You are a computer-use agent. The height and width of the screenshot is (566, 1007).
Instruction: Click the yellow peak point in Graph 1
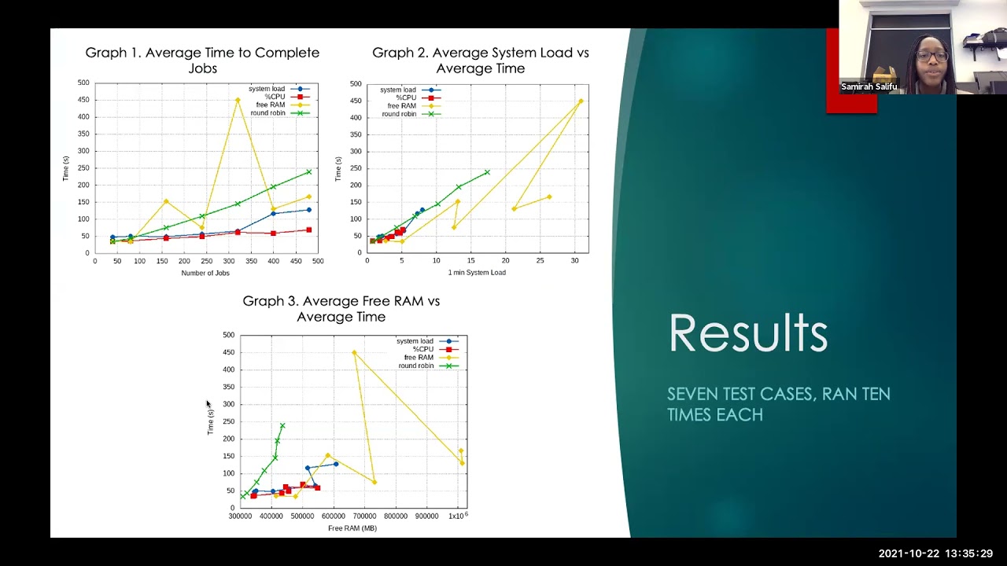[x=238, y=100]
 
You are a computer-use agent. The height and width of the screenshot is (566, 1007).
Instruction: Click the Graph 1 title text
[x=202, y=61]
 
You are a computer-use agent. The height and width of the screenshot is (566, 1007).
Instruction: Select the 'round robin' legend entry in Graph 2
[x=400, y=114]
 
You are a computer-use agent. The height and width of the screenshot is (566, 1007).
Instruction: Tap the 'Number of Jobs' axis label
[x=205, y=273]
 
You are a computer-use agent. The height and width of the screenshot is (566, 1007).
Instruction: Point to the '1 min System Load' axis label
[x=477, y=273]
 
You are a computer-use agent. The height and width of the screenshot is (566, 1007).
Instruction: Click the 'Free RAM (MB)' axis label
[x=352, y=528]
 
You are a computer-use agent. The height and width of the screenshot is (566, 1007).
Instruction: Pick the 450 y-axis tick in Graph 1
[x=83, y=100]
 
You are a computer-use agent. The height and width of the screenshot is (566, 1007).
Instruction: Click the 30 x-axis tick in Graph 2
[x=574, y=260]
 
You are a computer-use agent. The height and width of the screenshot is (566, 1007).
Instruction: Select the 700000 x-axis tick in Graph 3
[x=363, y=516]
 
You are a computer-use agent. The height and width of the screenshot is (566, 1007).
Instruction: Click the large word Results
[x=747, y=333]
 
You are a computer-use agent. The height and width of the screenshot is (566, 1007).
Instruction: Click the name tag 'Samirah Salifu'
[x=869, y=86]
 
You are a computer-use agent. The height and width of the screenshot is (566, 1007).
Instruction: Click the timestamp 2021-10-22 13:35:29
[x=935, y=553]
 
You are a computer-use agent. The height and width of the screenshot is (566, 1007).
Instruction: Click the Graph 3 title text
[x=341, y=309]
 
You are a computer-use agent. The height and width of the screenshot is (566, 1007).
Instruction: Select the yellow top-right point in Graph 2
[x=581, y=101]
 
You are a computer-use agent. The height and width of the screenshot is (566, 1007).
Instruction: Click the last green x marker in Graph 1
[x=308, y=171]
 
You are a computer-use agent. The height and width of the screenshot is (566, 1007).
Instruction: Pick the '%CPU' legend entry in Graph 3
[x=423, y=349]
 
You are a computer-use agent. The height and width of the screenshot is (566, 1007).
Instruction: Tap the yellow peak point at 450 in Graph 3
[x=354, y=353]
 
